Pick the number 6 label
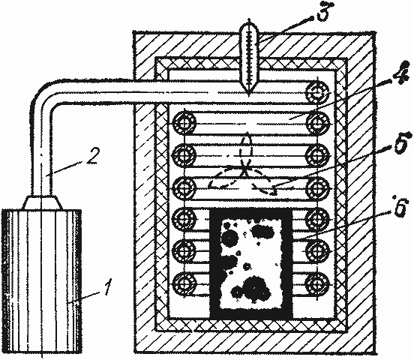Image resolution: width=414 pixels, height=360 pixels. pyautogui.click(x=400, y=206)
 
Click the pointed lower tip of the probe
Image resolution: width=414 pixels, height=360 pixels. pyautogui.click(x=248, y=94)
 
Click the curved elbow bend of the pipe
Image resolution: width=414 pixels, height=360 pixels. pyautogui.click(x=43, y=91)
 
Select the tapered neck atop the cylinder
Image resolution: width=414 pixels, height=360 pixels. pyautogui.click(x=42, y=202)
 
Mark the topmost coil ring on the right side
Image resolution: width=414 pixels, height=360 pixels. pyautogui.click(x=317, y=93)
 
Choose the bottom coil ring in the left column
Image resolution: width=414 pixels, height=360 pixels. pyautogui.click(x=184, y=284)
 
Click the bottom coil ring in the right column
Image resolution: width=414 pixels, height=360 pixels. pyautogui.click(x=317, y=283)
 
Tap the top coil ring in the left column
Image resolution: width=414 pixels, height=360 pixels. pyautogui.click(x=184, y=123)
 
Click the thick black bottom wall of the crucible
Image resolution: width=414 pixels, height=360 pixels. pyautogui.click(x=251, y=313)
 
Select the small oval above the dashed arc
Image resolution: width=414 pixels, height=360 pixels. pyautogui.click(x=246, y=145)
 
